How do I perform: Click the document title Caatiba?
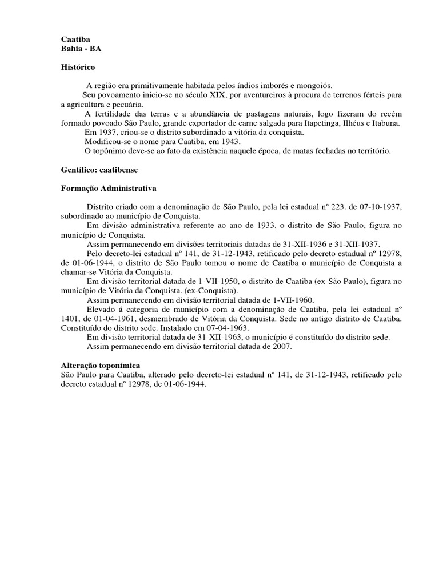click(x=75, y=39)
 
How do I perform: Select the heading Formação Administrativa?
click(x=109, y=188)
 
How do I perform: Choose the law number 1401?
click(x=69, y=318)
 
